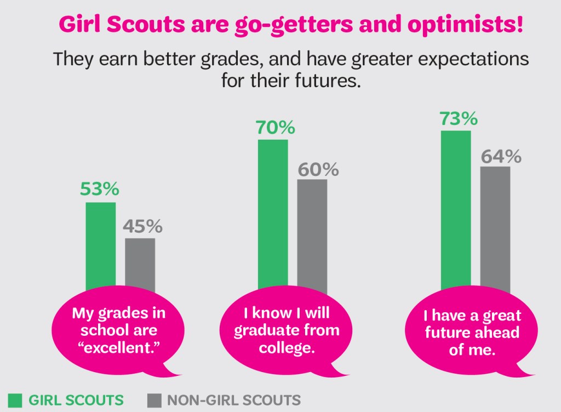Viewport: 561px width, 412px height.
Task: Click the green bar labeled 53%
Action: pos(101,247)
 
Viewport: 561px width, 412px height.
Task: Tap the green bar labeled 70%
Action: pos(273,214)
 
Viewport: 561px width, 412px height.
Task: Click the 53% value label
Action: pos(100,189)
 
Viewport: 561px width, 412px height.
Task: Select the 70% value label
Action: pos(275,128)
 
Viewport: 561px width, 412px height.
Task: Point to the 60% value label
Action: pos(318,170)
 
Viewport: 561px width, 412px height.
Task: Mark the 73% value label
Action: pos(459,119)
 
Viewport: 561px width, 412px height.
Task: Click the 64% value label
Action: pos(501,157)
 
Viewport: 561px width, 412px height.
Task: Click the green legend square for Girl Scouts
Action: pos(15,400)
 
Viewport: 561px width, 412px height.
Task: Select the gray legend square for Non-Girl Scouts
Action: pos(154,400)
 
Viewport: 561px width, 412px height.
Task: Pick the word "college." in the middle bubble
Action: pos(287,348)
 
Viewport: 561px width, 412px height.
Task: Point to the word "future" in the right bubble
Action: pos(448,333)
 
